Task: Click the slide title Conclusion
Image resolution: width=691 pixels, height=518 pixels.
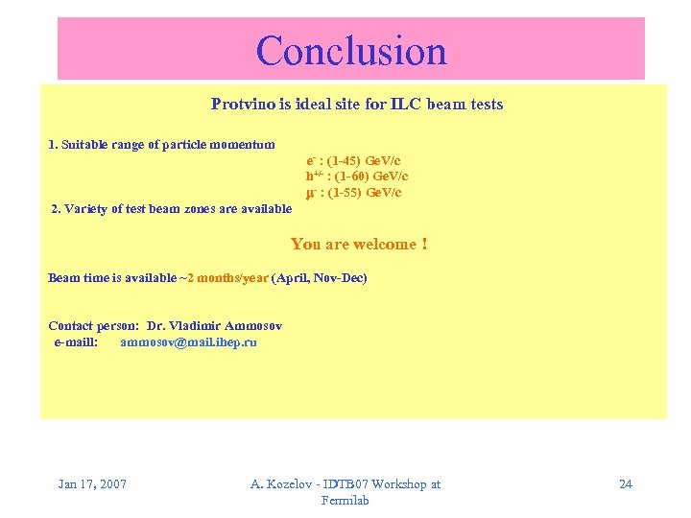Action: [351, 50]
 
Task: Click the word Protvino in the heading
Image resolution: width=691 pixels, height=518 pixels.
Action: [241, 104]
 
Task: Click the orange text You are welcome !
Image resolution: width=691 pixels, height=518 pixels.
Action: [358, 244]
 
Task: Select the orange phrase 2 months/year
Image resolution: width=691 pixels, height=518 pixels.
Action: [228, 278]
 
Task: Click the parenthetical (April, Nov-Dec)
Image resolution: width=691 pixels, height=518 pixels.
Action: [319, 278]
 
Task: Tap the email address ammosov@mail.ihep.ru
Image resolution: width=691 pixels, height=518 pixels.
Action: [188, 341]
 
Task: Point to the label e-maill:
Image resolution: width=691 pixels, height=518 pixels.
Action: [75, 341]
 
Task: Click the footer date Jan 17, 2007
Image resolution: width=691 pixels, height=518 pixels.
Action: [92, 483]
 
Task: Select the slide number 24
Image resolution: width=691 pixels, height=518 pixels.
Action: [625, 483]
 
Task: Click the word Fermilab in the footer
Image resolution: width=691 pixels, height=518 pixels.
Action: [345, 500]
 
